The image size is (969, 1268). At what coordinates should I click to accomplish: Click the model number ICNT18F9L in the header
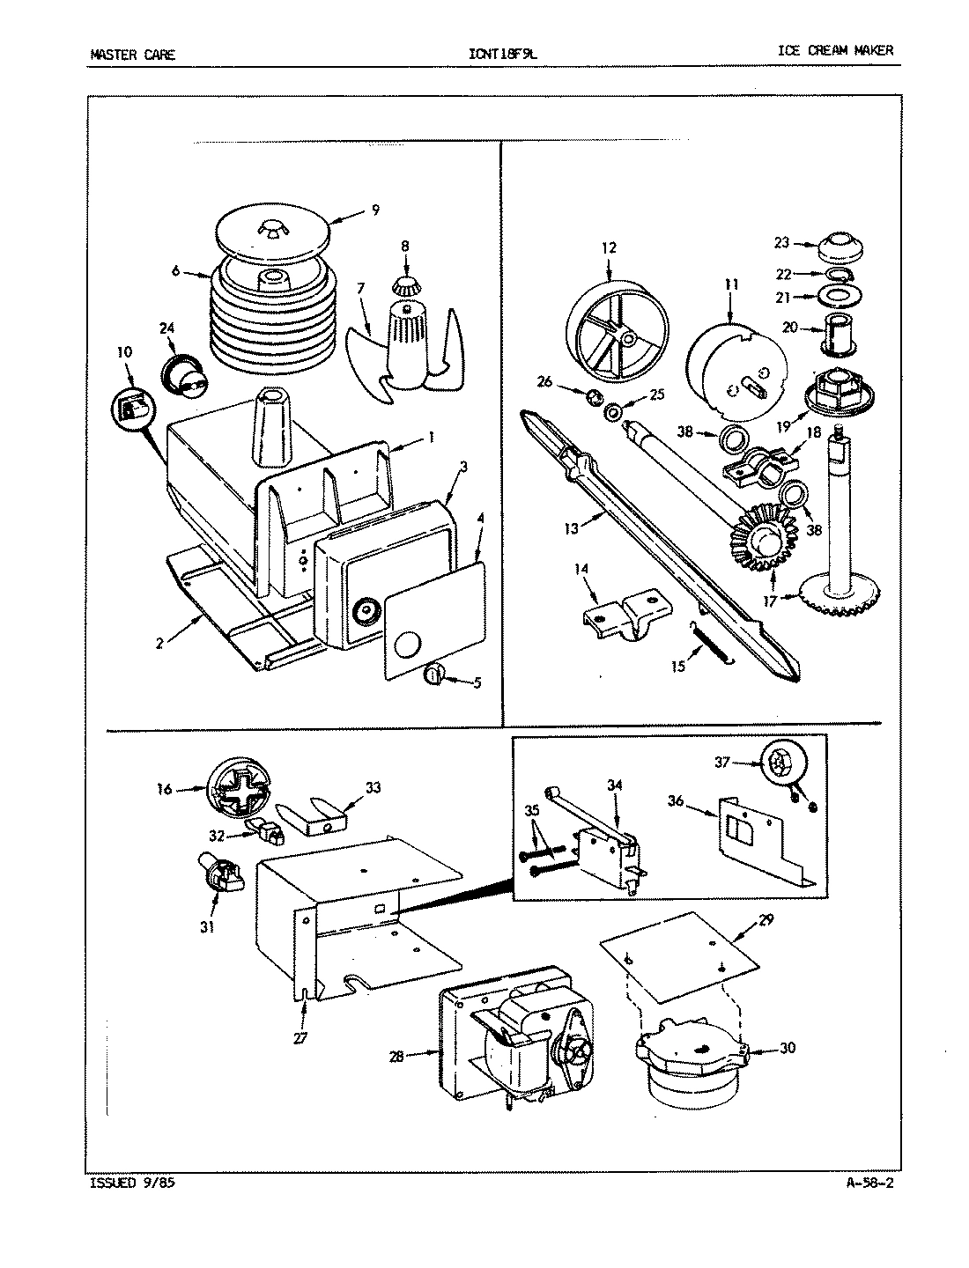[x=503, y=53]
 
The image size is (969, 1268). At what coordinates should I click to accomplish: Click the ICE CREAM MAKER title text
[x=835, y=50]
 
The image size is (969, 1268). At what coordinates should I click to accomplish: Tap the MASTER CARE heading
[x=133, y=54]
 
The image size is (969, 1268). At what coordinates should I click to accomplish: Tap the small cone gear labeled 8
[x=405, y=284]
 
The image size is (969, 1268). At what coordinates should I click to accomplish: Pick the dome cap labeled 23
[x=840, y=247]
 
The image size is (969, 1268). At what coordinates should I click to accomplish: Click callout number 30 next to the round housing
[x=786, y=1049]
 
